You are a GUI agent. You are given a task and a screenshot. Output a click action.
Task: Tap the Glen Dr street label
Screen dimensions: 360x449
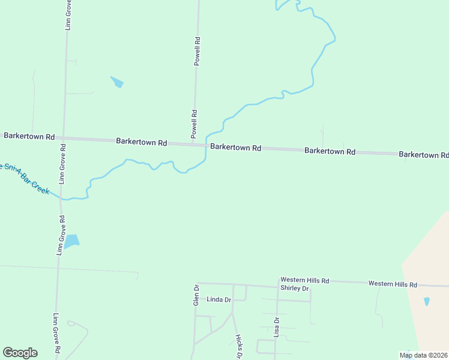point(196,296)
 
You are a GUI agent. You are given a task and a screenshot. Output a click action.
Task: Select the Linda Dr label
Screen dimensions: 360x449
point(218,299)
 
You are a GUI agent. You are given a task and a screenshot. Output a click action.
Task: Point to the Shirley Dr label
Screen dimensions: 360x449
point(294,289)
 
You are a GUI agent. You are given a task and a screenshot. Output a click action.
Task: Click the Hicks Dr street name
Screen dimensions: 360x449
point(238,347)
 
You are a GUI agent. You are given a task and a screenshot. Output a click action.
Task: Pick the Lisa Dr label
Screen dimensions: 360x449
point(277,328)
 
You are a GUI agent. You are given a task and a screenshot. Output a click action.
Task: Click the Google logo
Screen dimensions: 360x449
point(20,353)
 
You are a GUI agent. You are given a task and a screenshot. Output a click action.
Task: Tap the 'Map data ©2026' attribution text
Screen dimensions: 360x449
point(423,355)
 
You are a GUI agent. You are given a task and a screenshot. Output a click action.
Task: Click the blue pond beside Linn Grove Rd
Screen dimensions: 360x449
point(71,241)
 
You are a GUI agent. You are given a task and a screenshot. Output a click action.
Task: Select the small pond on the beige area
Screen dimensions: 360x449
point(427,301)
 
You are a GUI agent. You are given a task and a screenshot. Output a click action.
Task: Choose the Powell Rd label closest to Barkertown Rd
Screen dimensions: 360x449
point(194,124)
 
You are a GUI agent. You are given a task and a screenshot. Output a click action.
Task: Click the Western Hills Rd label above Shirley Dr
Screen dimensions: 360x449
point(305,280)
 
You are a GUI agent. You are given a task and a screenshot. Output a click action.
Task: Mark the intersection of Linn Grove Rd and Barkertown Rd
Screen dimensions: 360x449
point(62,138)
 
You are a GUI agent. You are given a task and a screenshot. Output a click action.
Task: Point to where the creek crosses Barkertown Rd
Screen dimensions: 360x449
point(206,145)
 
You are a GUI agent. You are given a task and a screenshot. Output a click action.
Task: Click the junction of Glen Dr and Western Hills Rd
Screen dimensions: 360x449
point(196,283)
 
